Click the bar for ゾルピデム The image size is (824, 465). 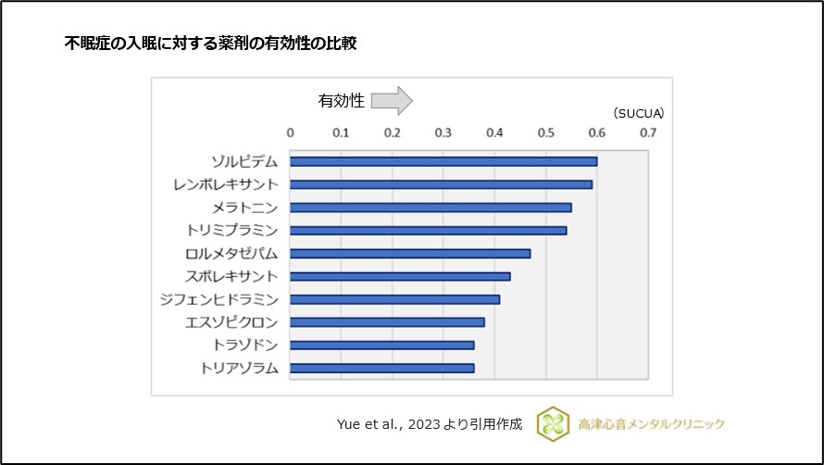click(x=443, y=161)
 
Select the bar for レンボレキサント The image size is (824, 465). click(x=441, y=184)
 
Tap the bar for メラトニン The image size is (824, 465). click(x=431, y=207)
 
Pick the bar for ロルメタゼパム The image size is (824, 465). click(x=410, y=253)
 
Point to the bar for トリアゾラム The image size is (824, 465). click(x=382, y=368)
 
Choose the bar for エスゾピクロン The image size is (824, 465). click(x=387, y=322)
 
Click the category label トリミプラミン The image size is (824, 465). click(x=238, y=230)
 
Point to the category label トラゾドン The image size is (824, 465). click(x=244, y=345)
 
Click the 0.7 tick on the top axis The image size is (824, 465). click(x=647, y=132)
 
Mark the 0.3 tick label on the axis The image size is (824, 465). click(x=443, y=132)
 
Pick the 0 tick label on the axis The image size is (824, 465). click(x=291, y=132)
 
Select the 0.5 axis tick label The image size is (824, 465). click(x=545, y=132)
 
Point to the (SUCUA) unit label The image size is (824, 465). click(x=638, y=113)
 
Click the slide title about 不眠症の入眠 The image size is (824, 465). click(x=210, y=43)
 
